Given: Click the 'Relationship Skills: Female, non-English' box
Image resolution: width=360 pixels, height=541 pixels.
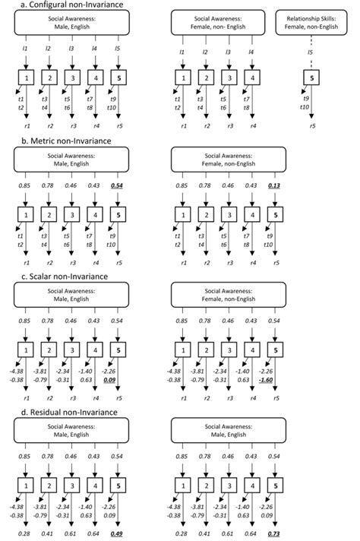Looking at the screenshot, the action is coord(312,22).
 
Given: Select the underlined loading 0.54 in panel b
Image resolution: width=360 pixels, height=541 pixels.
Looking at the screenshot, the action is coord(118,186).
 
